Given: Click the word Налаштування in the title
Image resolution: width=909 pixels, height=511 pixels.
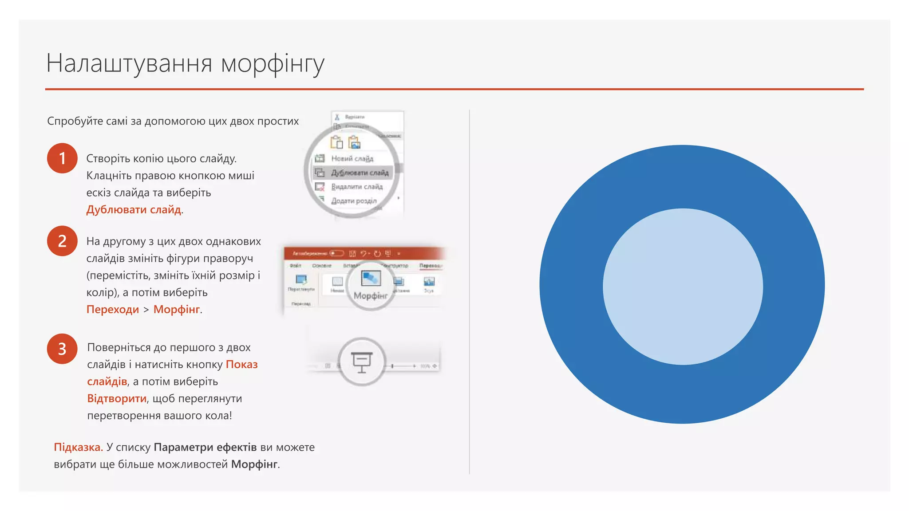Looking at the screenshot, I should coord(129,63).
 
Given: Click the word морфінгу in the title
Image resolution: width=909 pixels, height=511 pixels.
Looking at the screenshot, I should coord(273,64).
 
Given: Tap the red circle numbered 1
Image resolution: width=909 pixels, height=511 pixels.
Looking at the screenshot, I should coord(62,158).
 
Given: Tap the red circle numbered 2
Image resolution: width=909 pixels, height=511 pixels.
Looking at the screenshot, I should coord(62,241).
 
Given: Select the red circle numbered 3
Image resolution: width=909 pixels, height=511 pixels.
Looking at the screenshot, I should coord(62,349).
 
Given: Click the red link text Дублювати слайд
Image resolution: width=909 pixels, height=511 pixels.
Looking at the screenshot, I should coord(134,209).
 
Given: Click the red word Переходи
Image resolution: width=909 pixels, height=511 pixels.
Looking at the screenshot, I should coord(113,309).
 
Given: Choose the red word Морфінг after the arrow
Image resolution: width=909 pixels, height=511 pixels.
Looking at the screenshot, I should coord(177,309).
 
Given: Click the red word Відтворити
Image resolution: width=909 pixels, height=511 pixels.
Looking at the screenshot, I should coord(117,398).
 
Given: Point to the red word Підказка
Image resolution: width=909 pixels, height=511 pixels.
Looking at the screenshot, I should coord(78,447).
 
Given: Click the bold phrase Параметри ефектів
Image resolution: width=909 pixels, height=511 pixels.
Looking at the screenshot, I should coord(205,447).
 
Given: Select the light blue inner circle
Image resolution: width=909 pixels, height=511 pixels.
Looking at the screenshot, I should coord(683,287).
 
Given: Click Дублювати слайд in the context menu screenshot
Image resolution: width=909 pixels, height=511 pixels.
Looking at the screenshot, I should coord(360,173).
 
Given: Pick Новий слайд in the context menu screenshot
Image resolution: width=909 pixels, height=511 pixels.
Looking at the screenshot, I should coord(352,158).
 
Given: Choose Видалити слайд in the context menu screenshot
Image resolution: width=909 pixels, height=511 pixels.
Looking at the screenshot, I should coord(356,187).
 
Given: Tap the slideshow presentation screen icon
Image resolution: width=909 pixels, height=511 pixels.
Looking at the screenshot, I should coord(362,362).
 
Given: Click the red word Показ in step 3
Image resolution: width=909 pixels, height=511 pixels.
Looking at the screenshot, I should coord(241,364).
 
